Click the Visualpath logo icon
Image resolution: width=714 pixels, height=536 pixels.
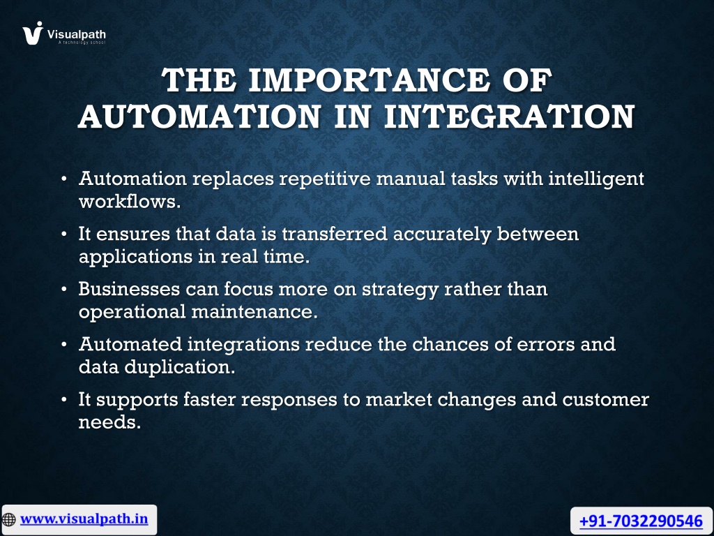coord(33,33)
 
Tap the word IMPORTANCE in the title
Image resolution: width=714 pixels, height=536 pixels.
coord(370,80)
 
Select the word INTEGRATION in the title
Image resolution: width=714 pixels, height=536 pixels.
coord(509,117)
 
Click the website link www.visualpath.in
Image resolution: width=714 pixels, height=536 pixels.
coord(84,519)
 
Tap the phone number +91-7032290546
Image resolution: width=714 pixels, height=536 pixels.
coord(641,521)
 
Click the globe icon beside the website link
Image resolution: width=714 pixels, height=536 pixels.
coord(8,519)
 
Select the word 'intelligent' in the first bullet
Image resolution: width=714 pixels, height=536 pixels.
coord(596,178)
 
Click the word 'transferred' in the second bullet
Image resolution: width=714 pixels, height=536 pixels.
coord(334,233)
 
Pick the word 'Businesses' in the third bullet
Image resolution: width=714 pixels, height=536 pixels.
coord(129,288)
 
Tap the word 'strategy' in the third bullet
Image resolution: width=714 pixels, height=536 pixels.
coord(400,290)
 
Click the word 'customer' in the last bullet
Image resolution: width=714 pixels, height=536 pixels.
coord(606,399)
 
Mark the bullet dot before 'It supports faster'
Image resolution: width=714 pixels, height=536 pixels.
coord(64,400)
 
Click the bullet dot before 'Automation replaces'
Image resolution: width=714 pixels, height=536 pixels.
coord(64,179)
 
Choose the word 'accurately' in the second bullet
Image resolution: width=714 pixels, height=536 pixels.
coord(441,234)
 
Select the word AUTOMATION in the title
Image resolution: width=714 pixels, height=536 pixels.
coord(200,117)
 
